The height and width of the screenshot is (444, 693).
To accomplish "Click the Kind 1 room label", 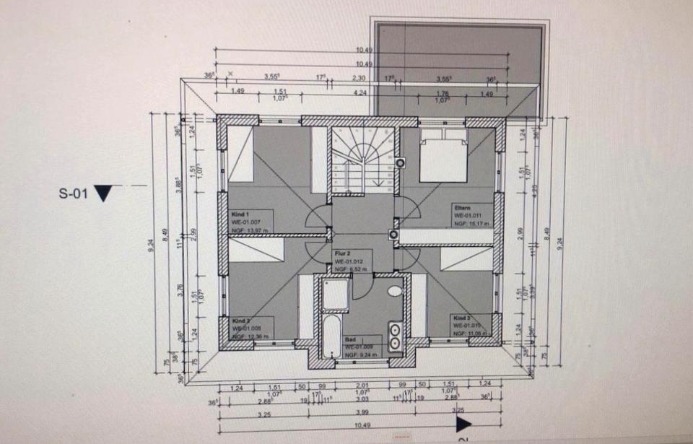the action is (x=240, y=214).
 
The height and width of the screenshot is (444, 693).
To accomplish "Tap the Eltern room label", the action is (x=463, y=206).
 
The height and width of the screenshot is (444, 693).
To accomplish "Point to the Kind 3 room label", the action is (x=463, y=318).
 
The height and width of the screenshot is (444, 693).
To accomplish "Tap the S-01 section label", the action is (x=73, y=193).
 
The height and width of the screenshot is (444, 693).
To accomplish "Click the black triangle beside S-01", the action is (x=105, y=193).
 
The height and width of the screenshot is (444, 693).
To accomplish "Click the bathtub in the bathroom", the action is (x=329, y=335).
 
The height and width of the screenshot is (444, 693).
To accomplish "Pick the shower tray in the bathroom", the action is (x=334, y=294).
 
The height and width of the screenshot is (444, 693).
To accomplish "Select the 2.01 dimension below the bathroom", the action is (x=362, y=386).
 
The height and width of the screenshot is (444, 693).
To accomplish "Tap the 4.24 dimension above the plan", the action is (x=359, y=92).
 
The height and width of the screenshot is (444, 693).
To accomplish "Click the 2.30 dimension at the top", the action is (x=358, y=77).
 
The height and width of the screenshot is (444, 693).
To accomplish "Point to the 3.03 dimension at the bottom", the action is (x=362, y=399).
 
